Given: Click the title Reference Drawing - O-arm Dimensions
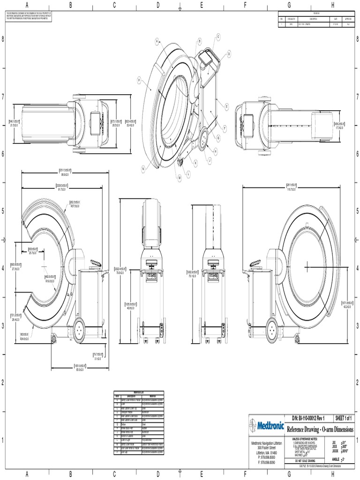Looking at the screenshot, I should (x=320, y=429).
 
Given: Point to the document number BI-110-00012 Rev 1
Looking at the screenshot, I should (x=308, y=418).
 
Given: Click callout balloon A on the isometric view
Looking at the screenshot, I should (x=157, y=41).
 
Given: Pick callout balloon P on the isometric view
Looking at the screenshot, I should (x=139, y=80).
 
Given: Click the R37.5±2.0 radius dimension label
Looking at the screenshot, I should (x=75, y=205).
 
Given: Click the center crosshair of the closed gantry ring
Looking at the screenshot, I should (x=307, y=266).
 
